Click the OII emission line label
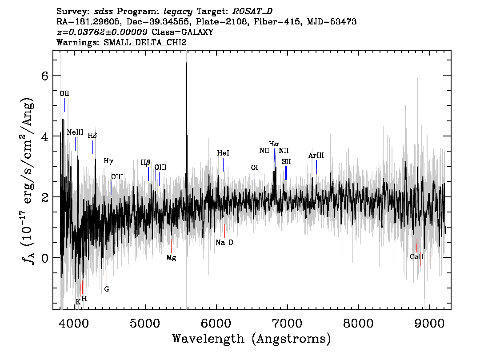point(64,93)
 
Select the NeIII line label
point(75,132)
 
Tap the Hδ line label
point(92,136)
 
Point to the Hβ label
point(145,163)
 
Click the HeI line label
point(223,153)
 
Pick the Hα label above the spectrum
point(274,144)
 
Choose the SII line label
point(286,161)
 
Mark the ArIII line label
point(316,156)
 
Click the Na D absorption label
point(224,242)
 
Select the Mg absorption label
point(171,258)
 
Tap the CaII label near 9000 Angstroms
point(416,256)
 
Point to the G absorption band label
point(107,289)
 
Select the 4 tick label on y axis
point(45,136)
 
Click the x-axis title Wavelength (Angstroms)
point(252,339)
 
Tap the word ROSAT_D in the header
point(252,12)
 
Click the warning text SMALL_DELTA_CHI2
point(145,43)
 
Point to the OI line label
point(254,168)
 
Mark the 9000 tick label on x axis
point(429,323)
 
